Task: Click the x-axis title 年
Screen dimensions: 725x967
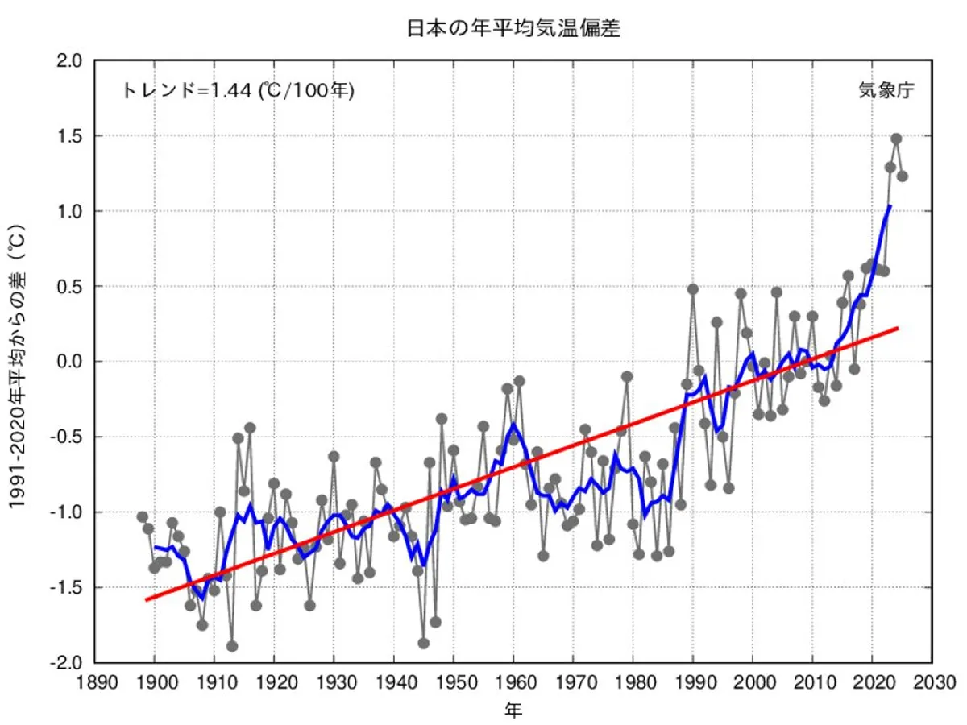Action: [x=513, y=710]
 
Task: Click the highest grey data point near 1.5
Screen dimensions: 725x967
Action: [x=896, y=139]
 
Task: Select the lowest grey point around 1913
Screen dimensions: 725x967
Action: [x=232, y=646]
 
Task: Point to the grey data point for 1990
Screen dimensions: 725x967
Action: [x=692, y=289]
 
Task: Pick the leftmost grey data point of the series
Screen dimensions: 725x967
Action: [x=143, y=516]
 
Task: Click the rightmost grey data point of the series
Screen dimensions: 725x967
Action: [x=903, y=176]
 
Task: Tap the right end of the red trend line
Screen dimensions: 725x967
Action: [x=897, y=329]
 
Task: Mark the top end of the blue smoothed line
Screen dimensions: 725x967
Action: [x=890, y=205]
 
